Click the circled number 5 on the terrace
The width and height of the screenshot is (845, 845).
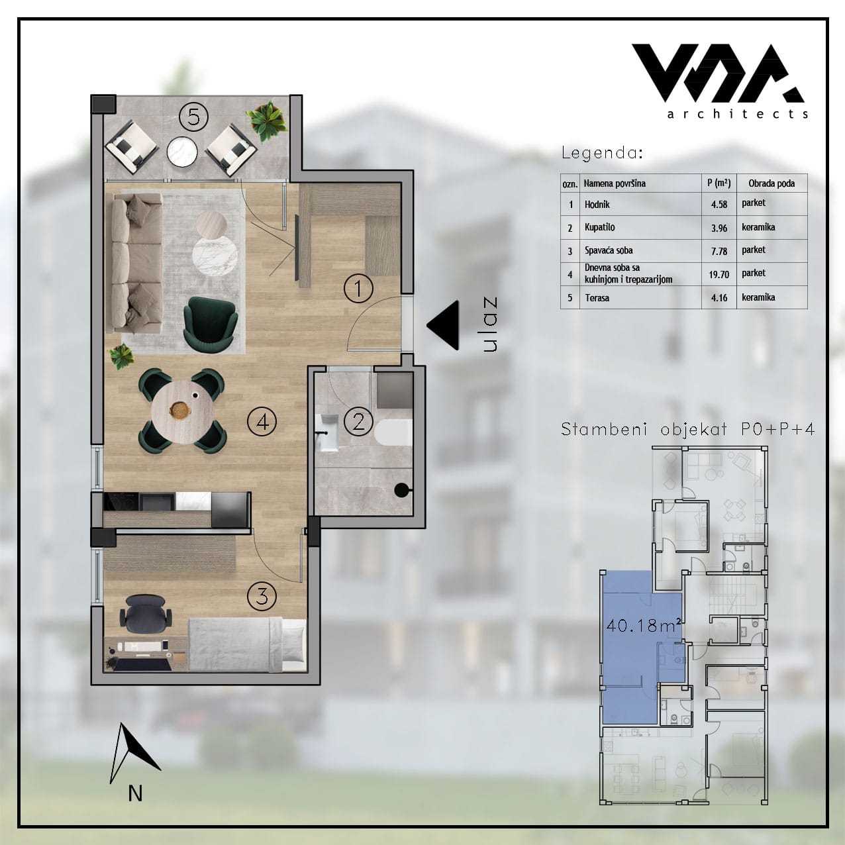click(x=193, y=117)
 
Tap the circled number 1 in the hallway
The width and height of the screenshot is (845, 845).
click(x=358, y=289)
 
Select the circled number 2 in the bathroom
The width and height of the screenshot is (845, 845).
click(x=358, y=422)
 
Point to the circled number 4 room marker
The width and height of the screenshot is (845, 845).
click(x=262, y=422)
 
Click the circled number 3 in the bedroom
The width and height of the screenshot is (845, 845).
click(x=262, y=597)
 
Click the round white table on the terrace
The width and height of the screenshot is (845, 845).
click(x=182, y=152)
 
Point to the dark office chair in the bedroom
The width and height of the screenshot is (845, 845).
click(x=146, y=612)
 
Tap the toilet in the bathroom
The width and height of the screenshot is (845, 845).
click(x=393, y=434)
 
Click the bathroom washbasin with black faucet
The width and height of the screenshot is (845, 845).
click(x=326, y=433)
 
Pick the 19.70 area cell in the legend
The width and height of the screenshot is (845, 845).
click(x=719, y=275)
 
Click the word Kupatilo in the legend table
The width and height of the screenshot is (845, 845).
click(x=599, y=228)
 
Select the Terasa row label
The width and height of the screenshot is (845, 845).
click(x=597, y=298)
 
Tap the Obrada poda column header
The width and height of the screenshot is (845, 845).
click(x=771, y=183)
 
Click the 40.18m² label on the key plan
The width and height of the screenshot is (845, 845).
click(x=644, y=625)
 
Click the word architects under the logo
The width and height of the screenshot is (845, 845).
click(x=737, y=114)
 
